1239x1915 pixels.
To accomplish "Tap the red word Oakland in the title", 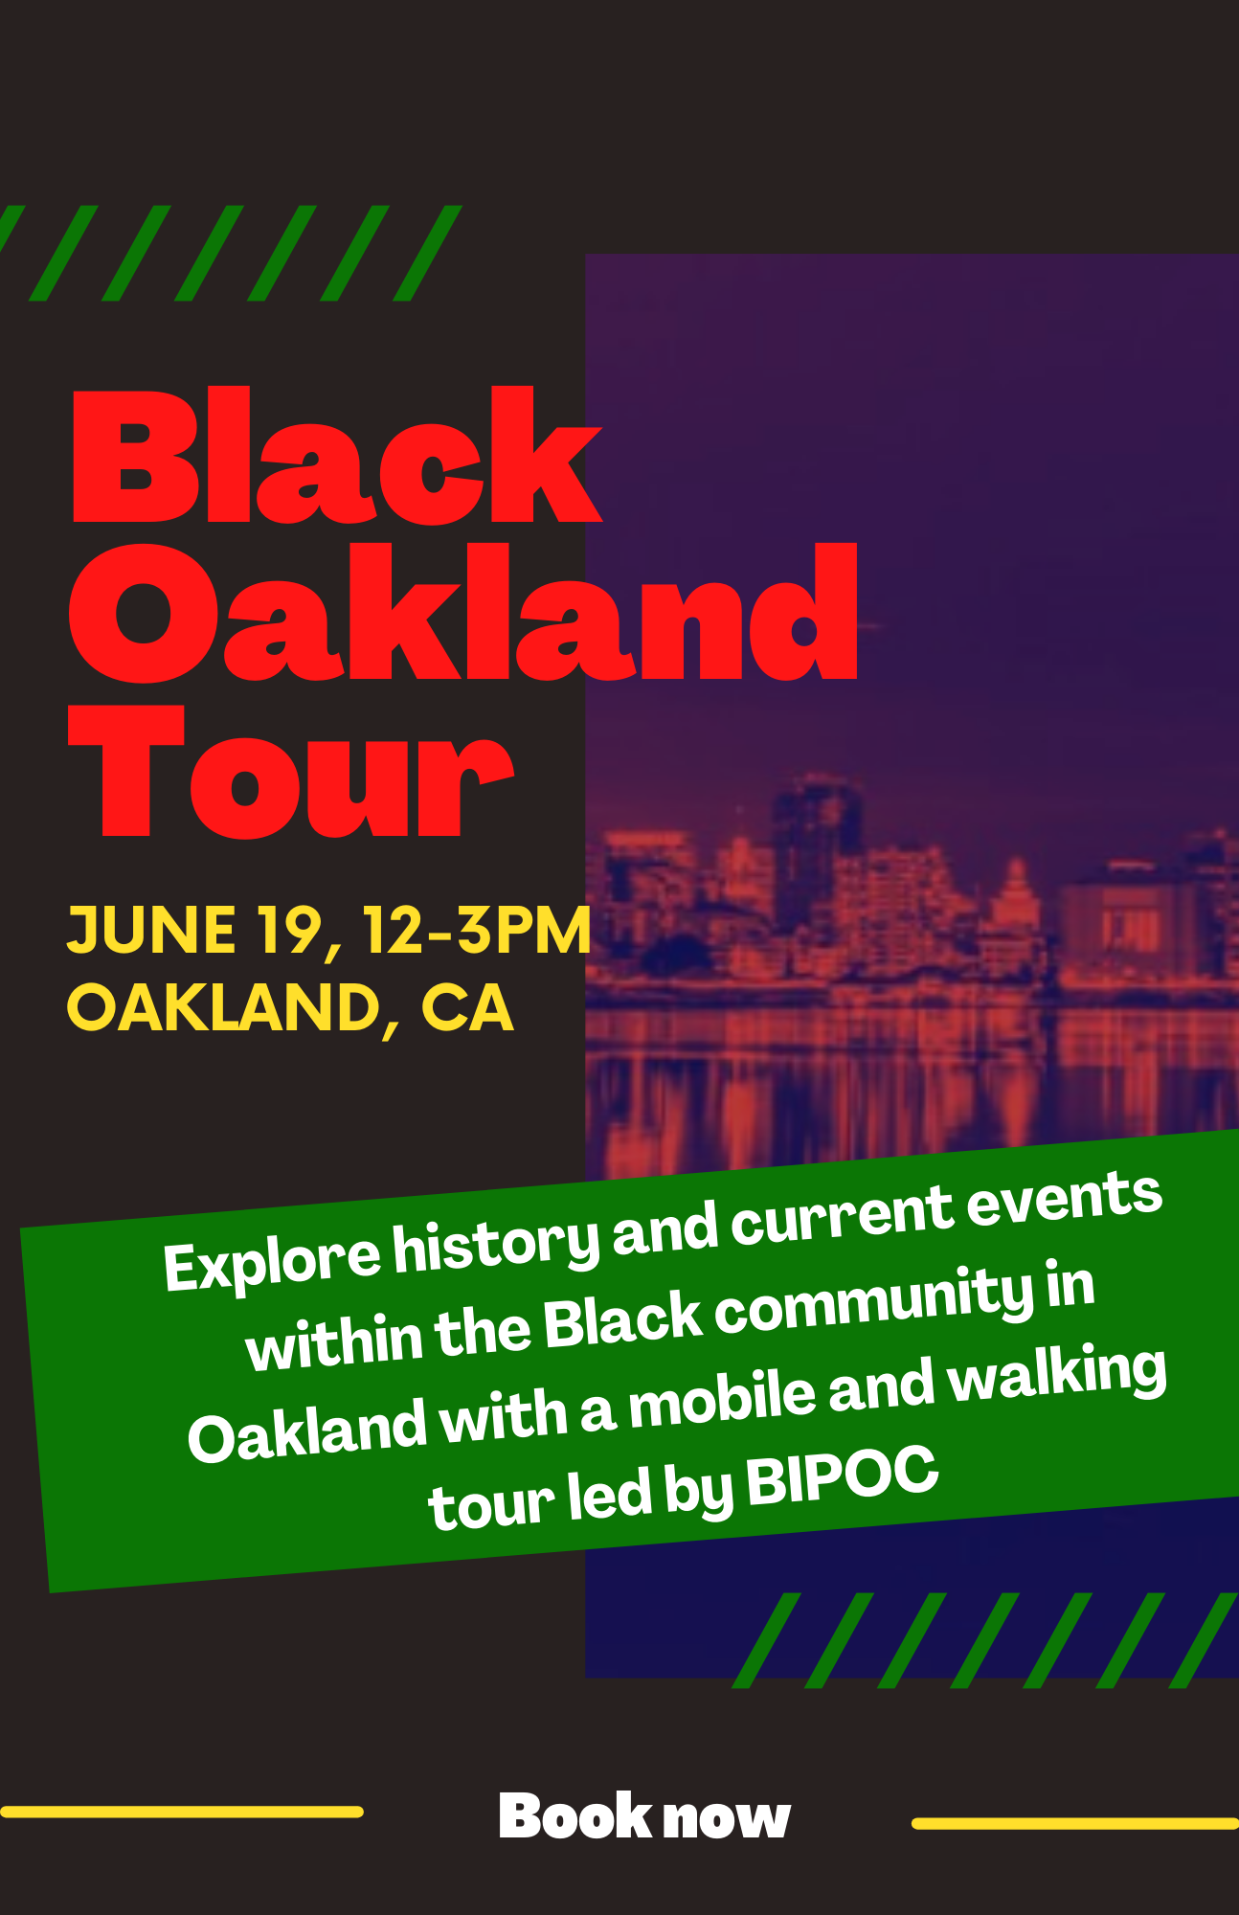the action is coord(462,613).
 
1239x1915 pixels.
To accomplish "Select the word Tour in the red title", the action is coord(291,772).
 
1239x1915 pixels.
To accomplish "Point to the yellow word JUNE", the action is coord(151,930).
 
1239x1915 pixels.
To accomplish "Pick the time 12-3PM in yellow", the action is coord(477,930).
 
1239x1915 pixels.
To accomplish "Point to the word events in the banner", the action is coord(1064,1201).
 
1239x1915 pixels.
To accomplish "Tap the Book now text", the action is coord(644,1815).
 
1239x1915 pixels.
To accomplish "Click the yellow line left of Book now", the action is coord(182,1812).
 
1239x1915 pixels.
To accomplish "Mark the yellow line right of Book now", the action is coord(1075,1824).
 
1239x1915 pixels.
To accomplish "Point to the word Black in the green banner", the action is coord(623,1320).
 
